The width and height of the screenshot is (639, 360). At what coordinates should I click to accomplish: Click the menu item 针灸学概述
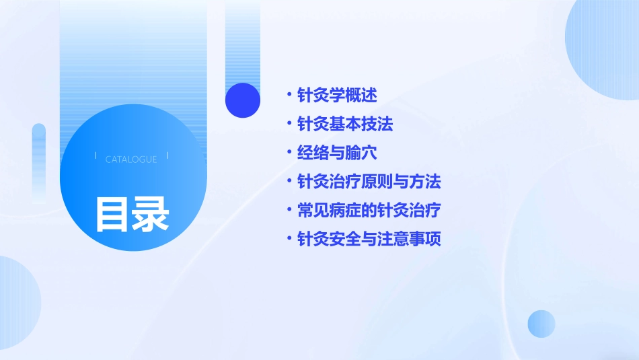[x=337, y=96]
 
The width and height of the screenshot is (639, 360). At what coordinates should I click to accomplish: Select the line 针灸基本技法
[x=345, y=124]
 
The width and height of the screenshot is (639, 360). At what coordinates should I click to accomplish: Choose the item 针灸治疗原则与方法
[x=369, y=182]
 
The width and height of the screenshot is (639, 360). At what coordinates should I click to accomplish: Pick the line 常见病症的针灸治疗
[x=369, y=211]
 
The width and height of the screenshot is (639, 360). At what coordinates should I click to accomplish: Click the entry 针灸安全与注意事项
[x=369, y=239]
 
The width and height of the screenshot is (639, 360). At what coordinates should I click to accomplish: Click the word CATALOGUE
[x=131, y=159]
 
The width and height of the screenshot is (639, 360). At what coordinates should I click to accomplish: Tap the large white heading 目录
[x=131, y=215]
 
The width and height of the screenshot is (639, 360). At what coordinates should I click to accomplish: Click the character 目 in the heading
[x=112, y=215]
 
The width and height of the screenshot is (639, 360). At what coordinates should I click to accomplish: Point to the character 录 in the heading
[x=151, y=215]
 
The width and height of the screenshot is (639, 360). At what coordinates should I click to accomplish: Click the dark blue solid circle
[x=243, y=100]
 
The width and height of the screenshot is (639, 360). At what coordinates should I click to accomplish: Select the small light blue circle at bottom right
[x=541, y=324]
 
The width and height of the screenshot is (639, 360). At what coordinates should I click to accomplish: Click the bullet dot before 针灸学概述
[x=289, y=94]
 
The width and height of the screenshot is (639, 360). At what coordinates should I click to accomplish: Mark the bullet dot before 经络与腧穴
[x=289, y=152]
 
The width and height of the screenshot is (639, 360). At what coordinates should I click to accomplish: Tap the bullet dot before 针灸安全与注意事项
[x=289, y=238]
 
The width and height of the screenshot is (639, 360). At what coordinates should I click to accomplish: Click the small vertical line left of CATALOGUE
[x=95, y=156]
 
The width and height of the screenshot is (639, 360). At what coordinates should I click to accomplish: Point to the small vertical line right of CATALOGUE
[x=167, y=156]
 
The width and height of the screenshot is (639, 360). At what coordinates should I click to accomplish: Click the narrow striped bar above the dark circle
[x=243, y=40]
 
